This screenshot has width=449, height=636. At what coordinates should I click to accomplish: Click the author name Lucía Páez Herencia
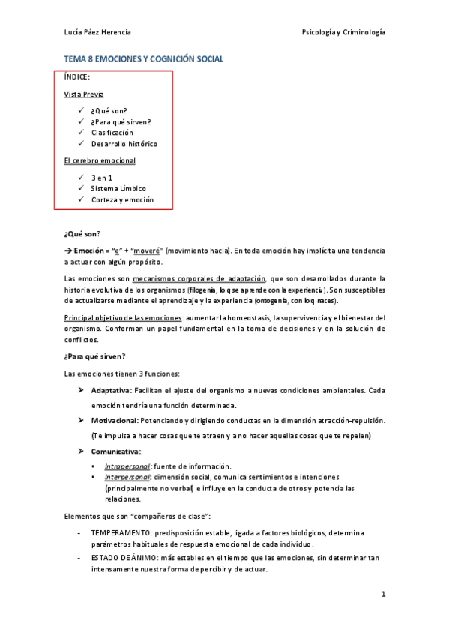[x=98, y=32]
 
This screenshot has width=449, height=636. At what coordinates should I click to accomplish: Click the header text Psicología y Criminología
[x=343, y=32]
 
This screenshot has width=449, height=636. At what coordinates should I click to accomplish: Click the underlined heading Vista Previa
[x=84, y=94]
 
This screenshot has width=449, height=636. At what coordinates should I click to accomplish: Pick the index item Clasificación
[x=112, y=133]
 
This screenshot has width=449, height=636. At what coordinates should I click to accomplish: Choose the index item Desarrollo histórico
[x=124, y=144]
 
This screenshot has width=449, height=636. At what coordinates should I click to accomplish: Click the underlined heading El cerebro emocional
[x=100, y=160]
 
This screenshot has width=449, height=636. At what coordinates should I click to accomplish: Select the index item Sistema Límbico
[x=118, y=189]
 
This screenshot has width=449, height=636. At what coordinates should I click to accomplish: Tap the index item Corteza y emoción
[x=122, y=200]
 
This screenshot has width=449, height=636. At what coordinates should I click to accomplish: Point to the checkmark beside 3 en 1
[x=81, y=178]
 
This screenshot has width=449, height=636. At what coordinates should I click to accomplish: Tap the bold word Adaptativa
[x=110, y=391]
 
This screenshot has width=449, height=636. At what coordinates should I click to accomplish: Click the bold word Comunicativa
[x=115, y=451]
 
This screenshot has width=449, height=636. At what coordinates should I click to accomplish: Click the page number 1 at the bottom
[x=382, y=595]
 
